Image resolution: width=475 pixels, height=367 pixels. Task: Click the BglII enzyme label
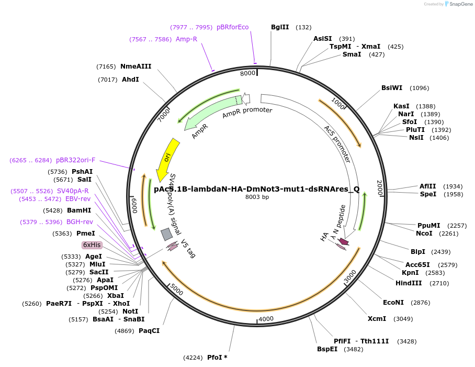(x=280, y=27)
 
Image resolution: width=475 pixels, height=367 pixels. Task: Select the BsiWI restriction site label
(x=392, y=88)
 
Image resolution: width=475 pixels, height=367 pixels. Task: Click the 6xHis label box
(x=92, y=245)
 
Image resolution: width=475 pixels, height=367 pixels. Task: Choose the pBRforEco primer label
(x=233, y=27)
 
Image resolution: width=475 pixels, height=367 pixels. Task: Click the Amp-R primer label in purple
(x=186, y=39)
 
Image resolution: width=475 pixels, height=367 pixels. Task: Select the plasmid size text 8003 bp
(x=257, y=197)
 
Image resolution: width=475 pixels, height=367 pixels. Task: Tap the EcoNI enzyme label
(x=393, y=303)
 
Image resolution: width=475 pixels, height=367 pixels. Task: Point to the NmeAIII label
(x=135, y=66)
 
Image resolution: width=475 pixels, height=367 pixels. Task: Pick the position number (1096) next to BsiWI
(x=419, y=88)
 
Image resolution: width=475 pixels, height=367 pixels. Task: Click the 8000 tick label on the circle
(x=247, y=73)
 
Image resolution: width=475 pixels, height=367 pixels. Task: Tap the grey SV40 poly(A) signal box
(x=166, y=233)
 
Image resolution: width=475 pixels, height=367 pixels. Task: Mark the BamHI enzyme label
(x=79, y=210)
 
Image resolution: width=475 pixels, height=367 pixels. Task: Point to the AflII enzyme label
(x=426, y=186)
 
